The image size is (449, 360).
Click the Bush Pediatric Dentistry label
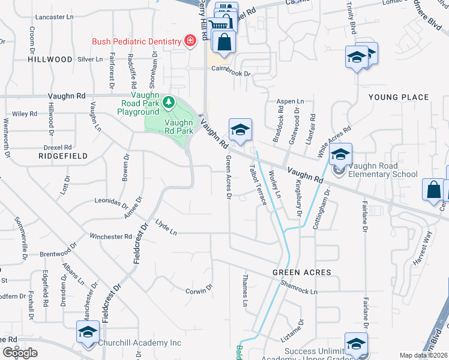136,41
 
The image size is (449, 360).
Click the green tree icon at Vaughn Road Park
169,103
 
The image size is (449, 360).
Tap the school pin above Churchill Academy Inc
88,332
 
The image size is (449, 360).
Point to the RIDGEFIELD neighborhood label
63,156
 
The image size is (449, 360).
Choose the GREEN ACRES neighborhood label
302,272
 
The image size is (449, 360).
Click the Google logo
20,352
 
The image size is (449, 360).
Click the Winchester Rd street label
110,236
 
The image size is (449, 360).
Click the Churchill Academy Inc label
140,343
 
